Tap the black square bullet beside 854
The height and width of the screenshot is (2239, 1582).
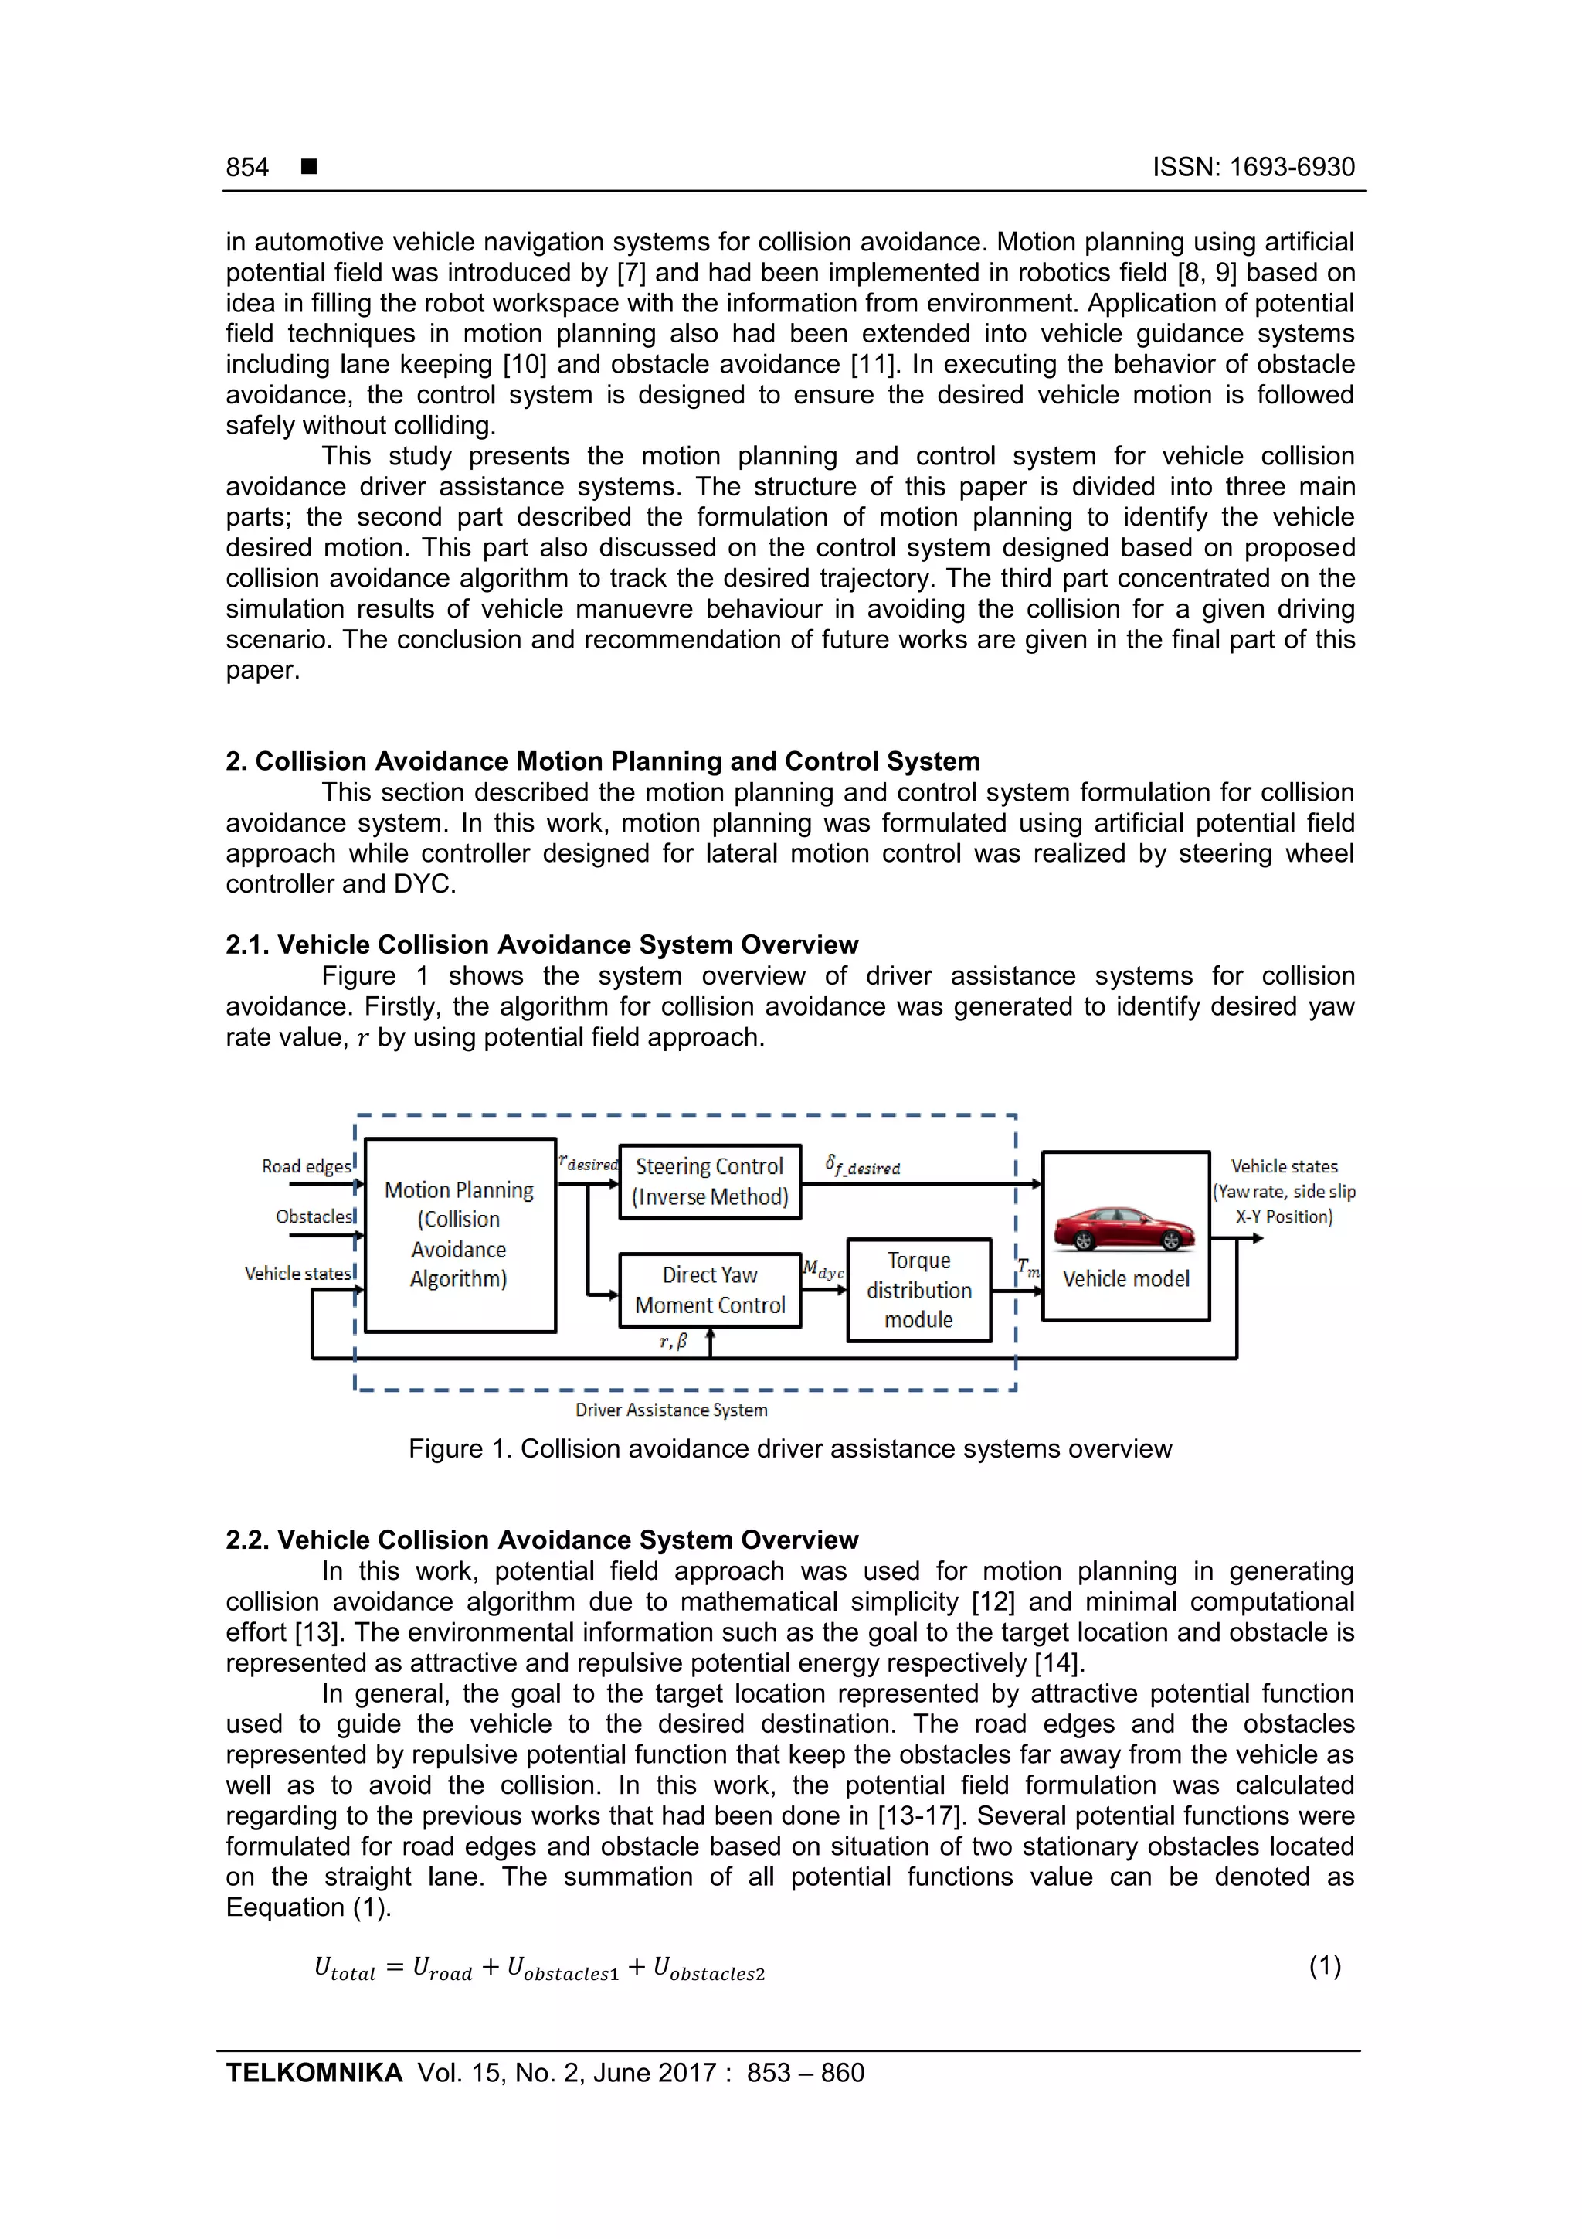tap(309, 167)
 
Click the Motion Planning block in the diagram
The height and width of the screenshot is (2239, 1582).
tap(459, 1234)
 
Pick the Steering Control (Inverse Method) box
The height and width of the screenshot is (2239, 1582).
tap(710, 1182)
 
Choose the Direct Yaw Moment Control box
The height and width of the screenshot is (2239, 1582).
tap(710, 1290)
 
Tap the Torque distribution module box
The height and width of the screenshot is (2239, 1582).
tap(918, 1290)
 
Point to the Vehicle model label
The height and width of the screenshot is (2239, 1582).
tap(1125, 1279)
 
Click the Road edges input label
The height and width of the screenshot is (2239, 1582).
tap(305, 1166)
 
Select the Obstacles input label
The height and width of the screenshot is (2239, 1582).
tap(313, 1217)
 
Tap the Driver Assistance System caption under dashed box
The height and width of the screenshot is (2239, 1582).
tap(670, 1410)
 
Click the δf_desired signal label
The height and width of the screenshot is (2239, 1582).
tap(863, 1165)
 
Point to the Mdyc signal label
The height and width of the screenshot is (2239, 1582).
tap(823, 1271)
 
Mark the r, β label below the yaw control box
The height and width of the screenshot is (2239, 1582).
tap(673, 1342)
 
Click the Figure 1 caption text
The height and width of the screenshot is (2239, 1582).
tap(789, 1449)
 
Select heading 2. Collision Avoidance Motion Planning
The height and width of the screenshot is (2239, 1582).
tap(603, 761)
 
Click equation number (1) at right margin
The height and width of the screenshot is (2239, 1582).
tap(1325, 1966)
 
